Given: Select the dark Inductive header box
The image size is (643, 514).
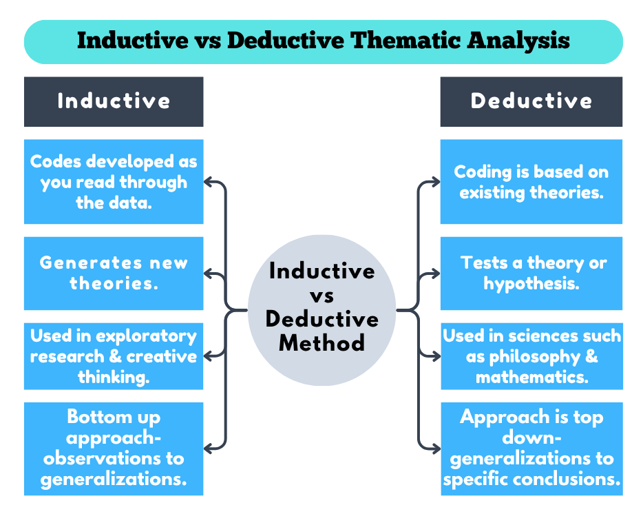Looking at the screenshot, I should pyautogui.click(x=114, y=101).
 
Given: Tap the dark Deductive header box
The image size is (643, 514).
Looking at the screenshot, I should pyautogui.click(x=531, y=101).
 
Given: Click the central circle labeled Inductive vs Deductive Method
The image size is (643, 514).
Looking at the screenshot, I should pyautogui.click(x=321, y=307).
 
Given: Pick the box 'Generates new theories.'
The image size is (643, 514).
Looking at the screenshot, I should pyautogui.click(x=114, y=273).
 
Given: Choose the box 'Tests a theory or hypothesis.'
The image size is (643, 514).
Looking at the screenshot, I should pyautogui.click(x=531, y=273).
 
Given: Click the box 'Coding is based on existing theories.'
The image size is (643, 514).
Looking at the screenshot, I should pyautogui.click(x=531, y=182).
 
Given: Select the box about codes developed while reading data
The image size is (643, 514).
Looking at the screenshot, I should pyautogui.click(x=114, y=182).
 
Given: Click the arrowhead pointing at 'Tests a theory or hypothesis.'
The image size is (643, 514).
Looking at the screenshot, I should pyautogui.click(x=435, y=275).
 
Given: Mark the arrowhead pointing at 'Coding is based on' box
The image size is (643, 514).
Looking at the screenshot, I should pyautogui.click(x=435, y=183).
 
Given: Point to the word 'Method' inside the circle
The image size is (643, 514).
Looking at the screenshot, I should pyautogui.click(x=321, y=342).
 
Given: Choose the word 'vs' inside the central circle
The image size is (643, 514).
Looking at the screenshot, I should pyautogui.click(x=321, y=296).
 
